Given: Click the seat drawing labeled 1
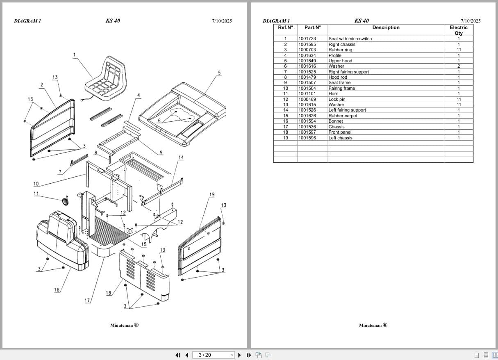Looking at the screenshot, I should (x=105, y=80).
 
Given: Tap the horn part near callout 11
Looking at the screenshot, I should (x=64, y=201).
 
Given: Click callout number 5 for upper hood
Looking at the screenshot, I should (x=219, y=73).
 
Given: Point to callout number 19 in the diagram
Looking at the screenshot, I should (x=211, y=194).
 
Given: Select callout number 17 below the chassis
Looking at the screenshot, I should (x=87, y=301).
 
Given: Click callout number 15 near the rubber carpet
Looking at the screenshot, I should (x=144, y=244).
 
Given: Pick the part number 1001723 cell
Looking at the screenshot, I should (x=307, y=39).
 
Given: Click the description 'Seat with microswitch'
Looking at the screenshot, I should (x=350, y=39).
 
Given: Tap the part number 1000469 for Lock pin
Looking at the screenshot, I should (x=307, y=99).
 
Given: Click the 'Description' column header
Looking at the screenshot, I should (x=385, y=27).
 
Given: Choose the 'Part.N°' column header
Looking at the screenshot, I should (x=312, y=27).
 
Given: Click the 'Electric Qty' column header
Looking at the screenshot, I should (x=458, y=30).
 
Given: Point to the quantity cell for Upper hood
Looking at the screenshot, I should (x=458, y=61).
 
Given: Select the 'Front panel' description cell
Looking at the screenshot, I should (x=340, y=132).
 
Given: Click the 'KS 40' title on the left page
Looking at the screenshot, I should (x=113, y=21).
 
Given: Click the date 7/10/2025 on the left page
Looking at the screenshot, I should (x=222, y=21).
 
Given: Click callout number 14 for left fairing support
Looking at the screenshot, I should (x=181, y=157).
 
